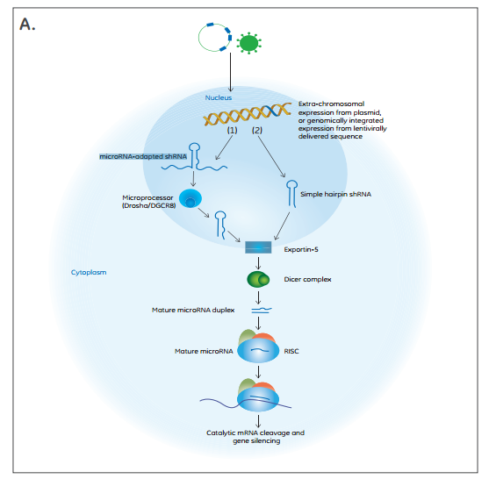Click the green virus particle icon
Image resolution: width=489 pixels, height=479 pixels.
(x=248, y=43)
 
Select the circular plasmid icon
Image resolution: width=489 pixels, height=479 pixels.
(x=198, y=38)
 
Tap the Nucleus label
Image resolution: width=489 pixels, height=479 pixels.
(x=219, y=97)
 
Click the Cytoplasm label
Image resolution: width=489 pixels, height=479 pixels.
(x=89, y=272)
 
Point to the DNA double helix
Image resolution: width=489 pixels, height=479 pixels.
(x=248, y=114)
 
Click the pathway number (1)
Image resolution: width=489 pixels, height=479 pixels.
(x=232, y=130)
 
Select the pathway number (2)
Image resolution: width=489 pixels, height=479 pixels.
(x=257, y=130)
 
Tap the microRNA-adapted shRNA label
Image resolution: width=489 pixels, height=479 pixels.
(x=143, y=156)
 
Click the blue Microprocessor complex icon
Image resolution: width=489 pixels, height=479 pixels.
(x=191, y=198)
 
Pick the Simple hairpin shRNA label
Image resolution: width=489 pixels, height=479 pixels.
(x=335, y=194)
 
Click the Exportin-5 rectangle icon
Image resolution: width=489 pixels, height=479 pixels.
(x=258, y=247)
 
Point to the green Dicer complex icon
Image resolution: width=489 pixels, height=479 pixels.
(x=258, y=279)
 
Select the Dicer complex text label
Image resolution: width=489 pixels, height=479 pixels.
(x=307, y=279)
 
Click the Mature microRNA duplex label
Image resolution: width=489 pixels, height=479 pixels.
(x=193, y=310)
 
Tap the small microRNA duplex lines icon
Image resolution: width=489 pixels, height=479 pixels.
(x=262, y=310)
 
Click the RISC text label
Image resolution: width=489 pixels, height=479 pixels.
(x=291, y=351)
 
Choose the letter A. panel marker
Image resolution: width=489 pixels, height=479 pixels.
(x=27, y=24)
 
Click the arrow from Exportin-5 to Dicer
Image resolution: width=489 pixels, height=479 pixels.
(x=258, y=263)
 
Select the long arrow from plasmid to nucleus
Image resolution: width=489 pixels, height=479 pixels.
(x=231, y=72)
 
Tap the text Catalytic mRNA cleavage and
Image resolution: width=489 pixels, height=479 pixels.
(x=255, y=433)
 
